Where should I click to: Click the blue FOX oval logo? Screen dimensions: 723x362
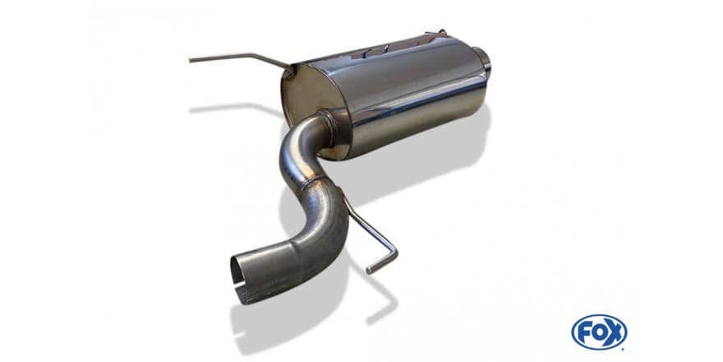point(598,332)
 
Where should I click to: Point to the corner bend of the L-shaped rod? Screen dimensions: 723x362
point(394,251)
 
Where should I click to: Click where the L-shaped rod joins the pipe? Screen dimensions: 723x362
point(344,197)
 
